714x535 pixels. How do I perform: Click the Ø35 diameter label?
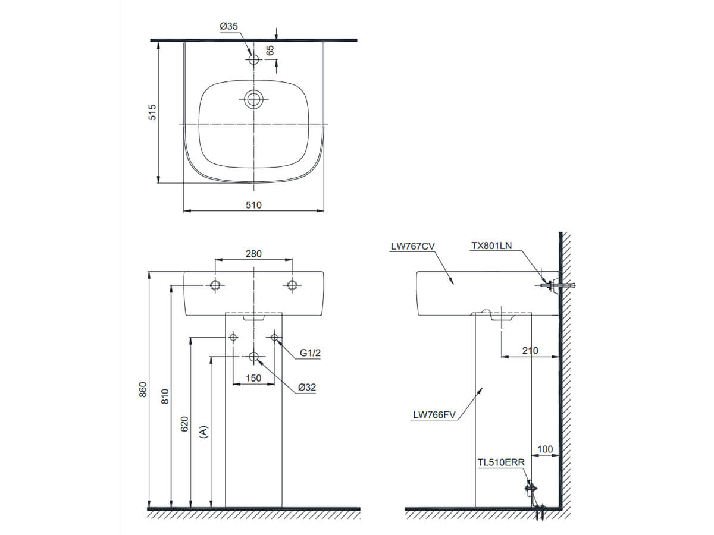[x=229, y=26]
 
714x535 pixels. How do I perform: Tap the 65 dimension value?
[x=270, y=51]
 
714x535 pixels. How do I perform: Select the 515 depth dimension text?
[x=152, y=112]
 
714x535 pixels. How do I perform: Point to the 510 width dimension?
[x=253, y=204]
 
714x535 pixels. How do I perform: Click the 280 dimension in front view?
[x=253, y=254]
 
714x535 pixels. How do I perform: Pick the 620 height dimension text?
[x=184, y=423]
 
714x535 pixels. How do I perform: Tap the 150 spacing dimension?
[x=253, y=378]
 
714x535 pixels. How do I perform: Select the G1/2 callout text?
[x=310, y=353]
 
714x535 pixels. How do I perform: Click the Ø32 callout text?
[x=307, y=387]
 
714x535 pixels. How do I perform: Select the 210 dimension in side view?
[x=530, y=351]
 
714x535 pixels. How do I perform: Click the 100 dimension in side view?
[x=544, y=449]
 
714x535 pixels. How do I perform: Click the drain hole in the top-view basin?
[x=254, y=99]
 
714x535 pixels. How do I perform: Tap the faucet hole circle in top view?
[x=254, y=59]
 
